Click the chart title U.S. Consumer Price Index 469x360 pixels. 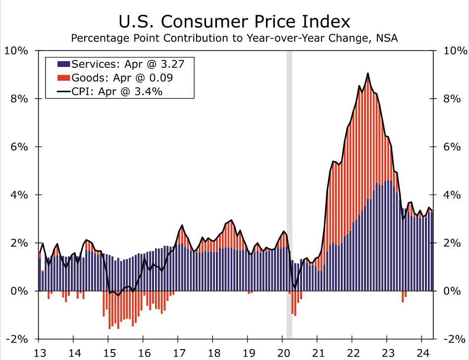pyautogui.click(x=234, y=21)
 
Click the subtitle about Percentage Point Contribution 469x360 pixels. pyautogui.click(x=234, y=38)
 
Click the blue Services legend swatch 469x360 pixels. pyautogui.click(x=63, y=64)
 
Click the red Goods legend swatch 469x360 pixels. pyautogui.click(x=63, y=77)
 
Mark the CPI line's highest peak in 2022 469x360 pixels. pyautogui.click(x=367, y=73)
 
